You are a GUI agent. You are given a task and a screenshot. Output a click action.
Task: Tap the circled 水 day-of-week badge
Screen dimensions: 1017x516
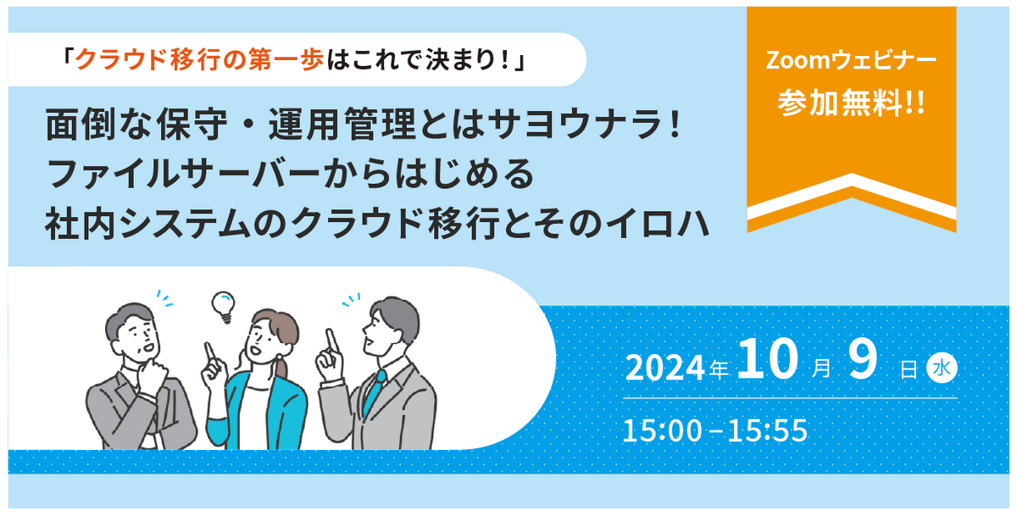(942, 368)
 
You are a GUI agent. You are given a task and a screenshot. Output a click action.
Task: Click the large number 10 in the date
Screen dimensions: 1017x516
(768, 359)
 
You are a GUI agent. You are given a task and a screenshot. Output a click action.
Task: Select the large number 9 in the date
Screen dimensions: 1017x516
(863, 359)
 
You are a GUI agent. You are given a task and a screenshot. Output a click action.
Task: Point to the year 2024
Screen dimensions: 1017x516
(664, 368)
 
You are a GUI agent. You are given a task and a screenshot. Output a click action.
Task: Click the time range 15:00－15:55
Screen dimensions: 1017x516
(715, 430)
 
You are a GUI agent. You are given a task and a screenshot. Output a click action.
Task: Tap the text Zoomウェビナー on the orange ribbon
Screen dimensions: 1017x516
(851, 60)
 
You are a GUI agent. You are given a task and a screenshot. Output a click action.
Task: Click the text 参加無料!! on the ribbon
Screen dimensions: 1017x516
(851, 104)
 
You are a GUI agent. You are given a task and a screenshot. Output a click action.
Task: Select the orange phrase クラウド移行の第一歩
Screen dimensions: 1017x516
(199, 59)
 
